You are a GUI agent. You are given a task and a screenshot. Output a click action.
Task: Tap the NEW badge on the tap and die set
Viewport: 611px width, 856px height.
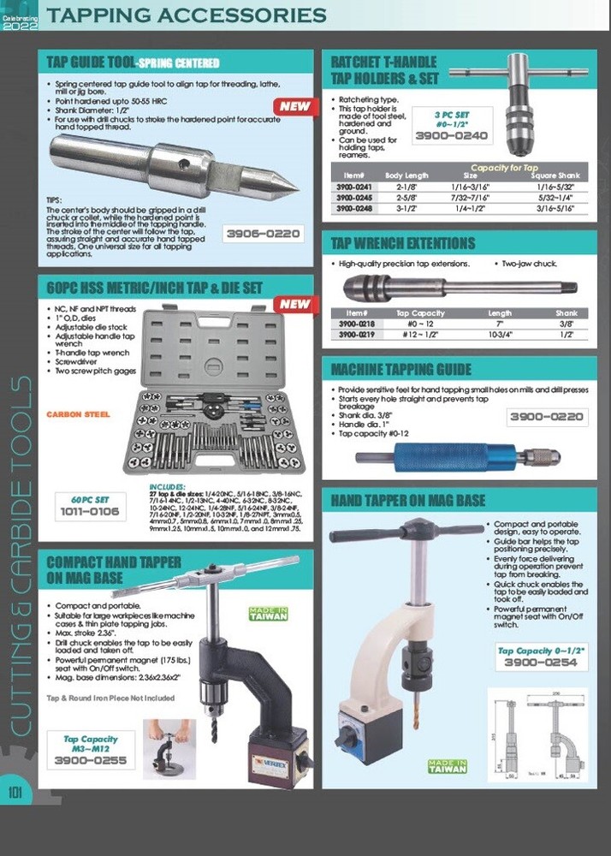click(x=294, y=304)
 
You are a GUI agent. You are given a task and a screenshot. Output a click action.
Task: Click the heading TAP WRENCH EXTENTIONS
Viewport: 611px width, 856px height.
click(x=403, y=243)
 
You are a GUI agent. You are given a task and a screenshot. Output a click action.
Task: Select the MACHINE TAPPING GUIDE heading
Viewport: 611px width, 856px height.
click(x=401, y=370)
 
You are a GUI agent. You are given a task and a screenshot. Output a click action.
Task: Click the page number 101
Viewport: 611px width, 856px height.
click(x=15, y=793)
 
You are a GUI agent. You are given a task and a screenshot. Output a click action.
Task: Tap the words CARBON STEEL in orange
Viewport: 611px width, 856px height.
click(x=79, y=414)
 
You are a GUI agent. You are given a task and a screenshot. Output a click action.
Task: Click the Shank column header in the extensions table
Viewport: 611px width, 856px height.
click(x=567, y=313)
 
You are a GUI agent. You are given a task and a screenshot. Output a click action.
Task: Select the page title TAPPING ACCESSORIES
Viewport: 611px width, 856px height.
click(x=187, y=15)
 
